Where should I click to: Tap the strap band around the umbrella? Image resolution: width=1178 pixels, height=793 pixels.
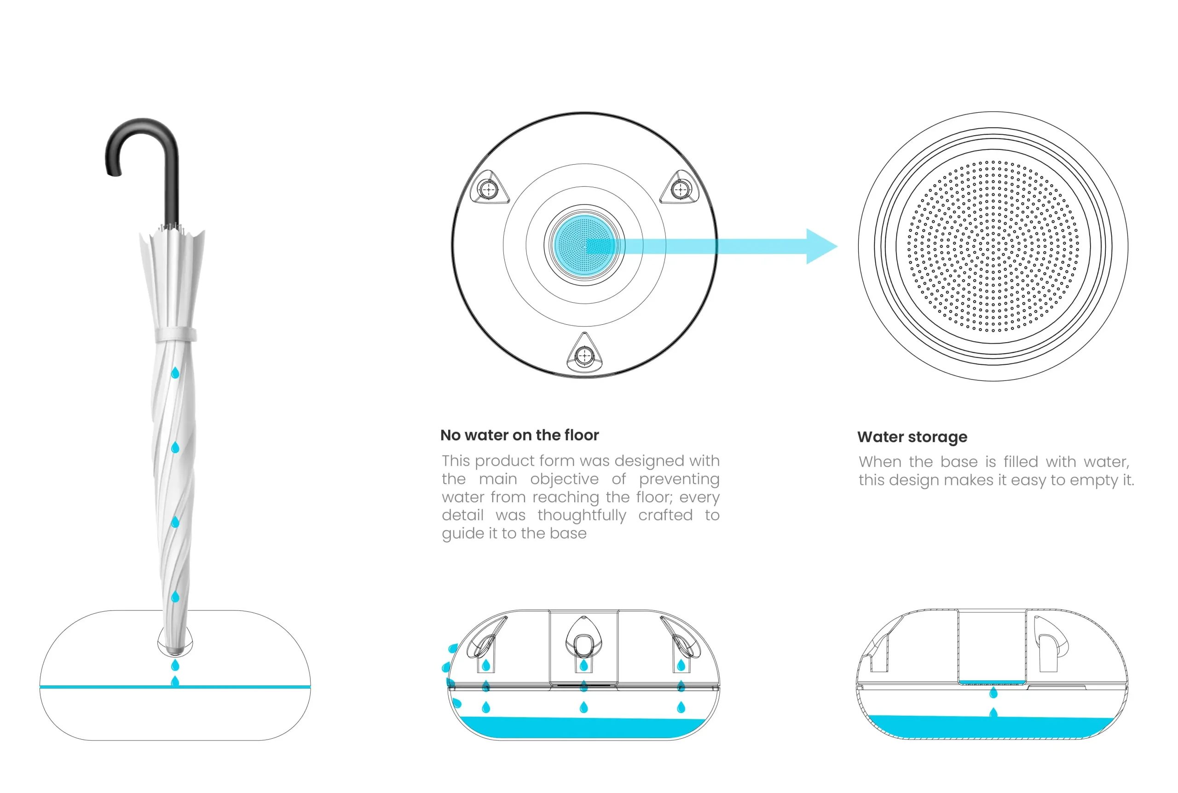[175, 334]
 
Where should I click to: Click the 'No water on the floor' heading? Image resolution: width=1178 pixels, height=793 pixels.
[520, 435]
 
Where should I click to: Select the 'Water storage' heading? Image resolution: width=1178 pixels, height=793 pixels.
[912, 437]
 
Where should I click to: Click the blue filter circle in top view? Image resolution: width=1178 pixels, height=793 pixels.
[584, 245]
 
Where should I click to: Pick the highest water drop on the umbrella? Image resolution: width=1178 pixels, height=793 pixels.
[175, 373]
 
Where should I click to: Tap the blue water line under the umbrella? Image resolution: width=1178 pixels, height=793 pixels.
[101, 687]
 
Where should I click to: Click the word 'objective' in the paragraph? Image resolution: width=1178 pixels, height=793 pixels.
[564, 479]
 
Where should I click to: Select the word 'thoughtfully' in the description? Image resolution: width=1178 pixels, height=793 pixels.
[582, 515]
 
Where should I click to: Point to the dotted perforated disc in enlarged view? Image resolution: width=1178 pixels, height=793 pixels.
[993, 246]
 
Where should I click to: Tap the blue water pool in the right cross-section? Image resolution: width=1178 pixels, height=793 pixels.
[991, 727]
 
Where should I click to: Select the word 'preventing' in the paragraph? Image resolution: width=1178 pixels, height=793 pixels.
[679, 479]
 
